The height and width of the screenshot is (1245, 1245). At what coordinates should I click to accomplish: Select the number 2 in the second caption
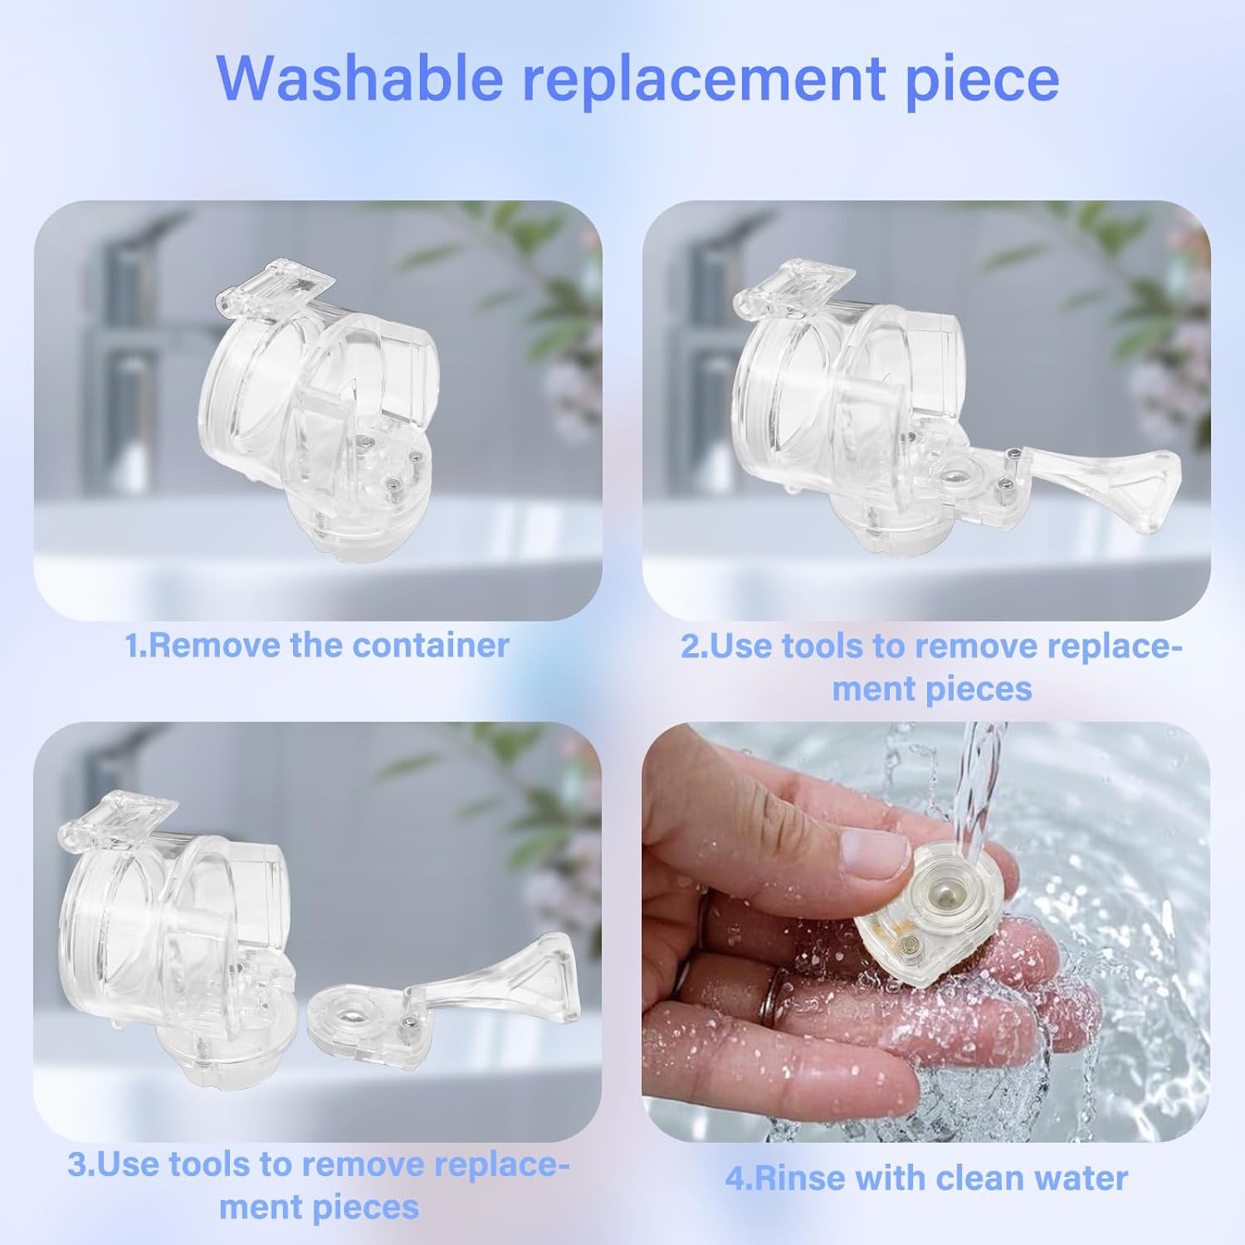click(690, 646)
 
